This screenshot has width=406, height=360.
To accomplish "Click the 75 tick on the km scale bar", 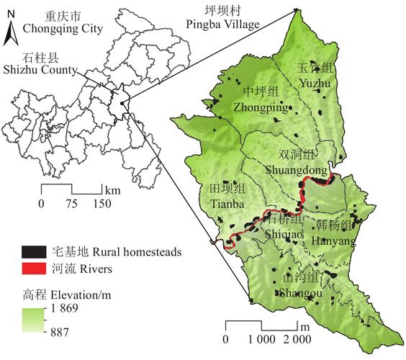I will pos(71,204).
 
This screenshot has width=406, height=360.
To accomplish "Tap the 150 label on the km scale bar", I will pos(101,204).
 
